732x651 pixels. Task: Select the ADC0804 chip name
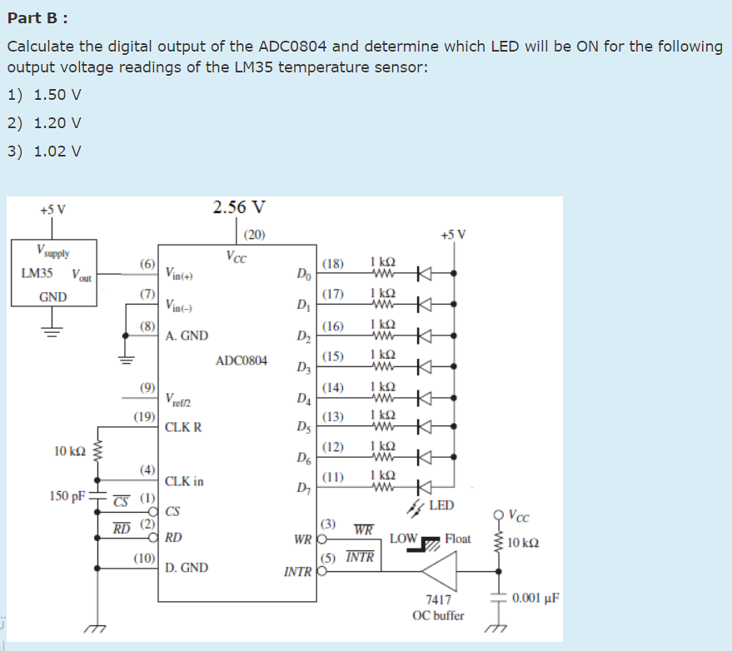tap(242, 360)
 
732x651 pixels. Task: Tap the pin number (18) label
tap(332, 264)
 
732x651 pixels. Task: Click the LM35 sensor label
tap(37, 273)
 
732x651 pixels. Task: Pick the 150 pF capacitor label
tap(67, 496)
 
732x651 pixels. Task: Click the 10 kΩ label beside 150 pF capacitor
tap(69, 451)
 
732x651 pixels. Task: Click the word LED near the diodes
tap(441, 505)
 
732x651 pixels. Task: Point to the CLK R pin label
tap(183, 427)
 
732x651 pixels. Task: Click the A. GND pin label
tap(187, 336)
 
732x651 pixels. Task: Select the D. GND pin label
tap(187, 568)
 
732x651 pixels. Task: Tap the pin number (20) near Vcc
tap(255, 235)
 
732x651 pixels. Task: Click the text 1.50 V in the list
tap(57, 94)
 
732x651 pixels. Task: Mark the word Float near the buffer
tap(458, 539)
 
